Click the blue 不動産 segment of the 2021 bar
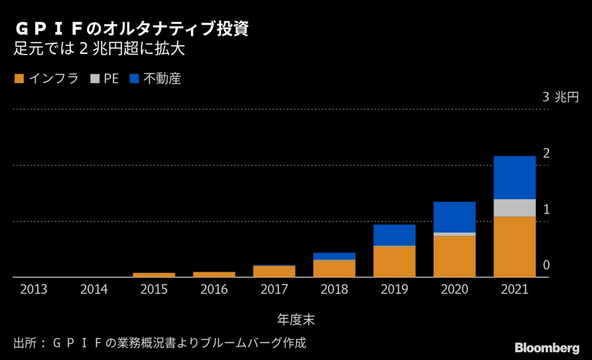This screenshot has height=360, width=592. (x=514, y=177)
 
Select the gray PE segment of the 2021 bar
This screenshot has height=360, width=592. (x=514, y=207)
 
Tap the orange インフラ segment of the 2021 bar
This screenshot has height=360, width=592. (x=514, y=246)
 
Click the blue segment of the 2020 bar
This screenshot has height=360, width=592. (x=454, y=217)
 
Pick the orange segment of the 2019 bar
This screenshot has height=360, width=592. (x=394, y=261)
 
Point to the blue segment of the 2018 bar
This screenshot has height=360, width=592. (x=334, y=256)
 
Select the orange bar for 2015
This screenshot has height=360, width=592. (x=154, y=275)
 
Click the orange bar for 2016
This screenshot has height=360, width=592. (x=214, y=274)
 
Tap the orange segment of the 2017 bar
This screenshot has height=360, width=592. (x=274, y=271)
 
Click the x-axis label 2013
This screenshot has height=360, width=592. (x=34, y=290)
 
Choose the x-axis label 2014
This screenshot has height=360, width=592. (x=93, y=290)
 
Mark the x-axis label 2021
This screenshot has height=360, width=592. (x=514, y=290)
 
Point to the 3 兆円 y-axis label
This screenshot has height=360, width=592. (x=560, y=97)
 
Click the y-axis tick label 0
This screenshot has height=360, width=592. (x=546, y=265)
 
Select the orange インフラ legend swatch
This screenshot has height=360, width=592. (x=19, y=79)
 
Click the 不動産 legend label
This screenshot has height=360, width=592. (x=162, y=79)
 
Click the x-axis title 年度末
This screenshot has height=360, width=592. (x=295, y=319)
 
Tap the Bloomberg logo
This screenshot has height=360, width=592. (x=547, y=347)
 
